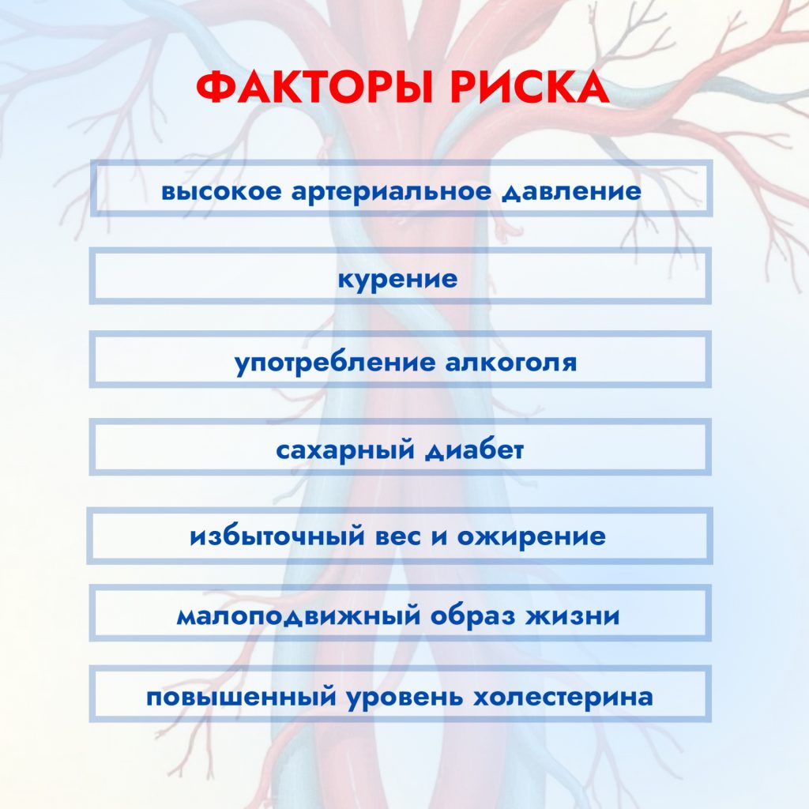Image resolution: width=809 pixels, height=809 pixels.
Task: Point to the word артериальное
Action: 391,191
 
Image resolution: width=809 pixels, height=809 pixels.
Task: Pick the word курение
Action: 398,279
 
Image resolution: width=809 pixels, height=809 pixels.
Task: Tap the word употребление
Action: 334,363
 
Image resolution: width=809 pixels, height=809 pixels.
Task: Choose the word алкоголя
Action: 511,363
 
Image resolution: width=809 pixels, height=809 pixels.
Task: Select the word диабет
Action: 475,450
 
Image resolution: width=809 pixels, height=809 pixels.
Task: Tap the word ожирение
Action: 532,536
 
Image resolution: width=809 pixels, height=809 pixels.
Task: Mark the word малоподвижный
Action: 298,615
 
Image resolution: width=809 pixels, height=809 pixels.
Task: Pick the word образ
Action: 473,615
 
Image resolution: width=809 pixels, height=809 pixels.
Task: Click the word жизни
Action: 573,615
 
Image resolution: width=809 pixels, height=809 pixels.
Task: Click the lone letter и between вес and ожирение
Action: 439,536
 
